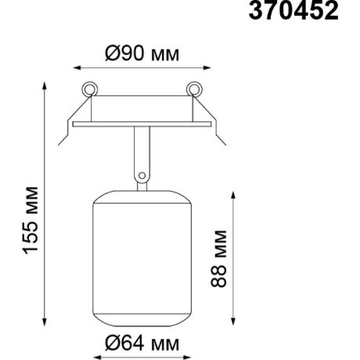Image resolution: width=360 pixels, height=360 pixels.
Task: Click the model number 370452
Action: [x=293, y=11]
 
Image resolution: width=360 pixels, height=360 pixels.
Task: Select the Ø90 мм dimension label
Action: [x=142, y=54]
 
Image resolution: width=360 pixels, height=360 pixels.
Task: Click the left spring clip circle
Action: [x=90, y=88]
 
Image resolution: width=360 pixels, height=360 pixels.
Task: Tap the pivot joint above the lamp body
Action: [x=142, y=175]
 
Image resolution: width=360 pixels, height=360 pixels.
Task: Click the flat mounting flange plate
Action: [x=142, y=124]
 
